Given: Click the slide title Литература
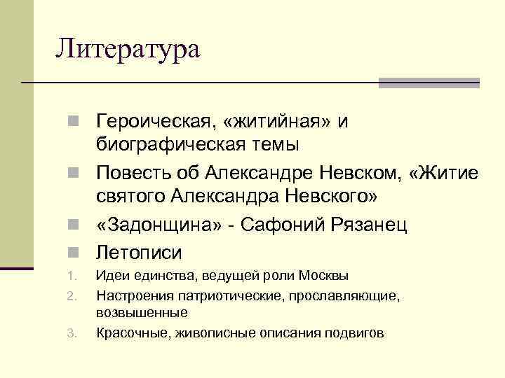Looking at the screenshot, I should tap(128, 49).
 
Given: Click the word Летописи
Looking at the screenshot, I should tap(139, 252).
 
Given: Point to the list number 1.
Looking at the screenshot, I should tap(71, 276).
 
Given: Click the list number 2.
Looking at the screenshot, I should tap(71, 297).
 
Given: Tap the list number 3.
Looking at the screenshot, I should tap(71, 333).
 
